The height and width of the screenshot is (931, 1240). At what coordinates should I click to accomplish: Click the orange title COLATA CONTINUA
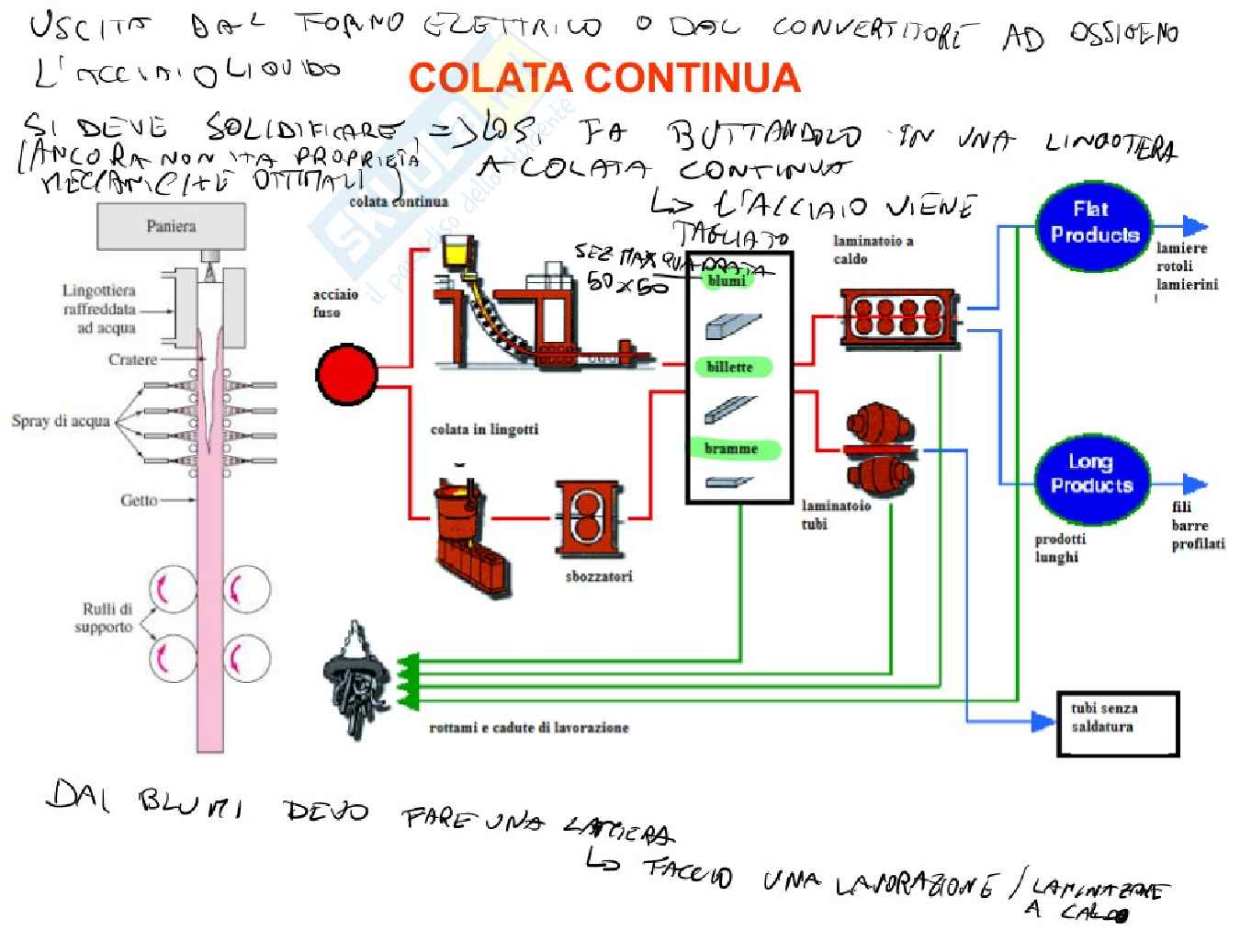point(604,78)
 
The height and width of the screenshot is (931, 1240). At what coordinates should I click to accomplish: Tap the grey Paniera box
point(171,226)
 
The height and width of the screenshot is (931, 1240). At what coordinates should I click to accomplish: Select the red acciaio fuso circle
point(346,375)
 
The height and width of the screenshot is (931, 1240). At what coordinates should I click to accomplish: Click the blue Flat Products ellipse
point(1093,223)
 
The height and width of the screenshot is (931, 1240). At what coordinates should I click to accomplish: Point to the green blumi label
point(727,280)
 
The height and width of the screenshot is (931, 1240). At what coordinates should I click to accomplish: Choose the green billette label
point(730,367)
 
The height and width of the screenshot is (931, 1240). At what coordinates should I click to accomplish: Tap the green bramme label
point(732,448)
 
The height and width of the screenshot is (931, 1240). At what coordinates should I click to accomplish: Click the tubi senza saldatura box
point(1117,723)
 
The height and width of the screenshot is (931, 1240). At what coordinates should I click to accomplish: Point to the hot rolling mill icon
point(899,318)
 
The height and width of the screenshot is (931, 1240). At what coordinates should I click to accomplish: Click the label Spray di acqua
point(61,422)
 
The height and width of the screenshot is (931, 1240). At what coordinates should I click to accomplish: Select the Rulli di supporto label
point(106,618)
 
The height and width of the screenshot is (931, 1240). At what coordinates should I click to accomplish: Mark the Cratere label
point(132,359)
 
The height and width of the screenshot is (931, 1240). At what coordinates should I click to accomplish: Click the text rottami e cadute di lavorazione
point(528,728)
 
